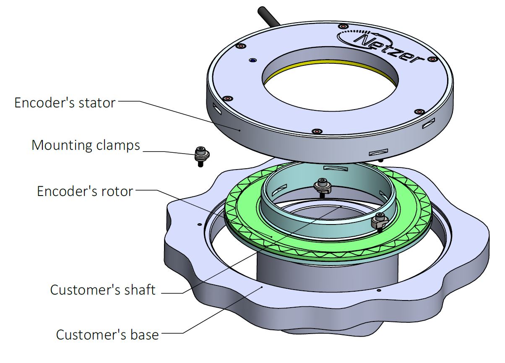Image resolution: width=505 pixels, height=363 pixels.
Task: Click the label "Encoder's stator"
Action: [x=65, y=102]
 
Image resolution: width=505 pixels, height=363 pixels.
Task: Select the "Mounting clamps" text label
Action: [x=86, y=145]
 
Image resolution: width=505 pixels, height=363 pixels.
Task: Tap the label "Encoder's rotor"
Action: [x=85, y=191]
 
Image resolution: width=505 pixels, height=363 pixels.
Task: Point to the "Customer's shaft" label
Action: [x=103, y=289]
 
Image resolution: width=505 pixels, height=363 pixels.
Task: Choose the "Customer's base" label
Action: [x=107, y=334]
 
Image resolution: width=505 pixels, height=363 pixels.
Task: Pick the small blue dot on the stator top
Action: [x=252, y=60]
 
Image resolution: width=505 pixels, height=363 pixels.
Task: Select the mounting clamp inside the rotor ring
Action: [x=322, y=186]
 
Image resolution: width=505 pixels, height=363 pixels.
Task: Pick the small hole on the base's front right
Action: [x=378, y=290]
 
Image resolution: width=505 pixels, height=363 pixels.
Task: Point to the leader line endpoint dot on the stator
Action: [x=239, y=130]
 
